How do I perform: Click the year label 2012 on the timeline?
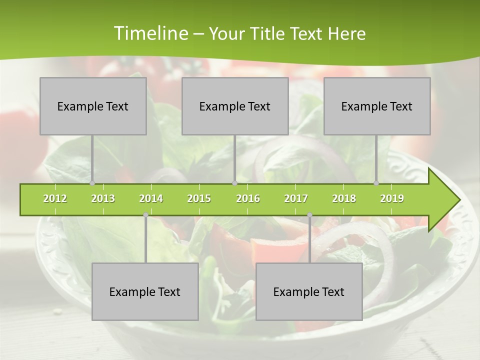point(55,198)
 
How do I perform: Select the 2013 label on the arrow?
point(103,198)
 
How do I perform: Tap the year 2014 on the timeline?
point(151,198)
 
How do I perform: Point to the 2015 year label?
point(199,198)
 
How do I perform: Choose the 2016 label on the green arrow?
point(248,198)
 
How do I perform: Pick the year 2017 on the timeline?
point(296,198)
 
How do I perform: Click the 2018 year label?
point(344,198)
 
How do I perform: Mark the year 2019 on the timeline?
point(392,198)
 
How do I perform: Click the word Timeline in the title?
point(149,33)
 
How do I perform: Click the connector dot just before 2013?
point(92,183)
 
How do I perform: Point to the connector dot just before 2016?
point(234,183)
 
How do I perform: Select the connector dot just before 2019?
point(376,183)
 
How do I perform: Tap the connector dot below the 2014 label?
point(145,215)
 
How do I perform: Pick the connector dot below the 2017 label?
point(309,215)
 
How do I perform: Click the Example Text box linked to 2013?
point(93,106)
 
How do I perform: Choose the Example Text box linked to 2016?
point(235,106)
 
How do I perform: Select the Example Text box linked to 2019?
point(377,106)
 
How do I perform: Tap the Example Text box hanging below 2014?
point(145,291)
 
